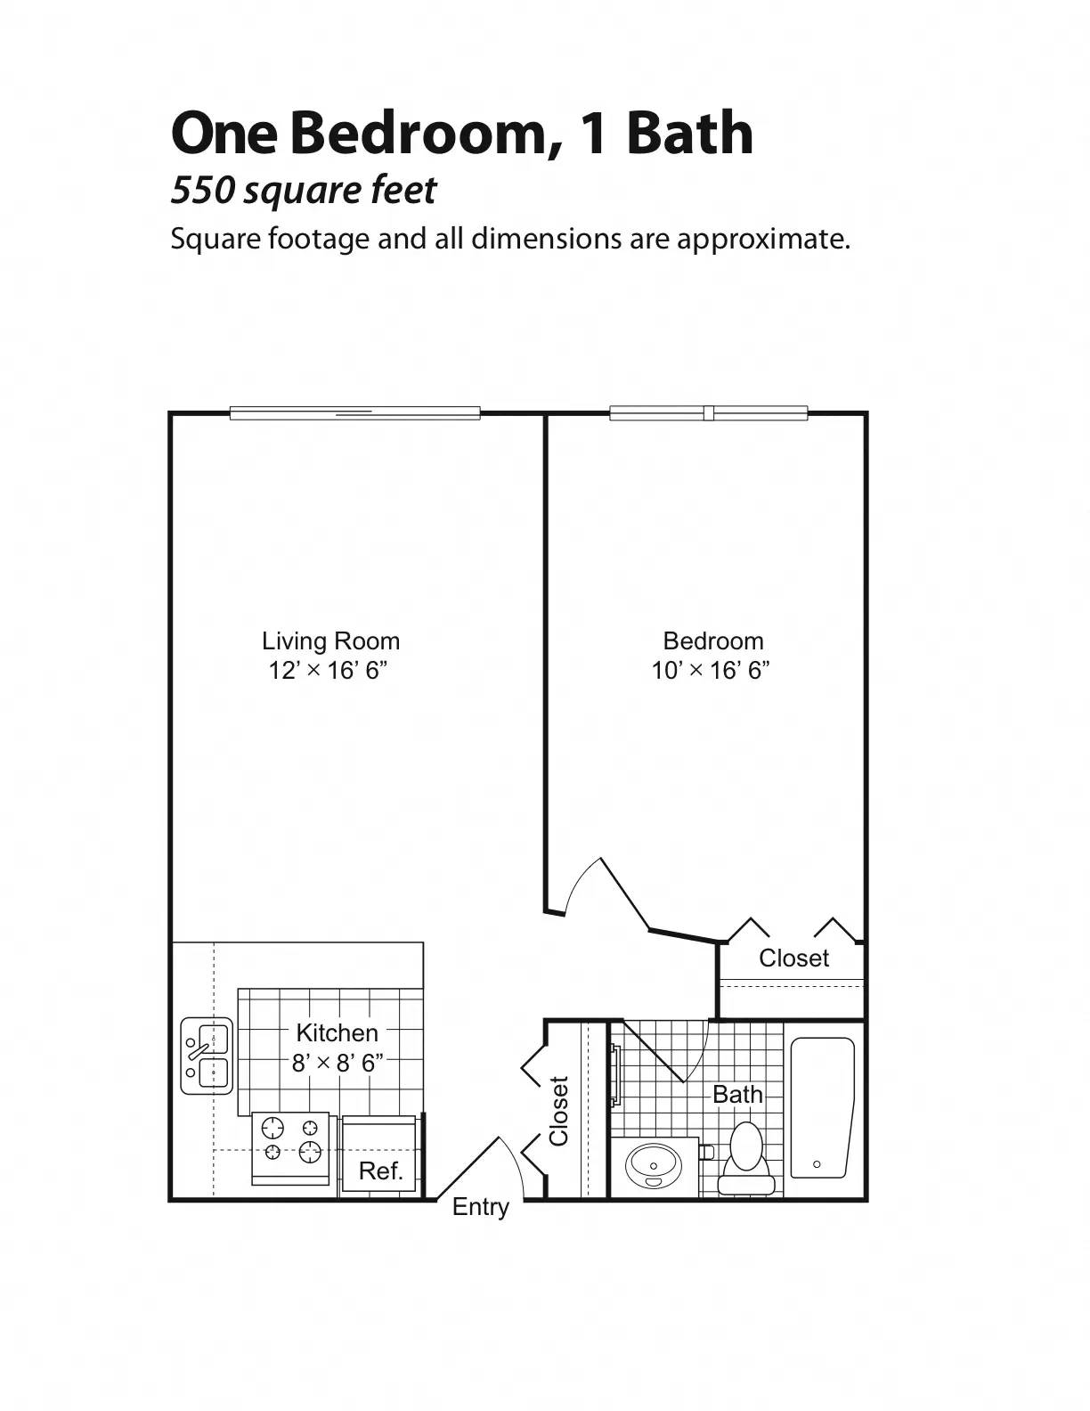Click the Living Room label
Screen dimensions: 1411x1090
click(x=330, y=640)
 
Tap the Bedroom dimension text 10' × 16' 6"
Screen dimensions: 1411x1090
click(x=711, y=670)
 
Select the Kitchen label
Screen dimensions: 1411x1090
click(x=337, y=1032)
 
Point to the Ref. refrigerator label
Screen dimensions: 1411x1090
click(x=380, y=1170)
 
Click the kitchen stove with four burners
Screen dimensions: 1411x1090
click(x=290, y=1146)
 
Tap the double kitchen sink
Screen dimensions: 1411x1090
click(x=207, y=1056)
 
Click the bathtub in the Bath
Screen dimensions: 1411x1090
click(x=822, y=1107)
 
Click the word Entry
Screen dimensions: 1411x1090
click(x=480, y=1207)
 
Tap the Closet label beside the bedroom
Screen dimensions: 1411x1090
click(x=793, y=958)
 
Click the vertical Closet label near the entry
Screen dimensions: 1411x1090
click(x=558, y=1111)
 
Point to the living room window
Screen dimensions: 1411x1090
click(x=354, y=413)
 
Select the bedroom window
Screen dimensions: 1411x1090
click(x=708, y=413)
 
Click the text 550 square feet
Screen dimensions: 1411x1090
click(x=304, y=190)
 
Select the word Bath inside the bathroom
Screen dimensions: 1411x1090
click(x=737, y=1094)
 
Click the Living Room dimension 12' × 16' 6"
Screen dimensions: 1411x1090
click(x=329, y=670)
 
